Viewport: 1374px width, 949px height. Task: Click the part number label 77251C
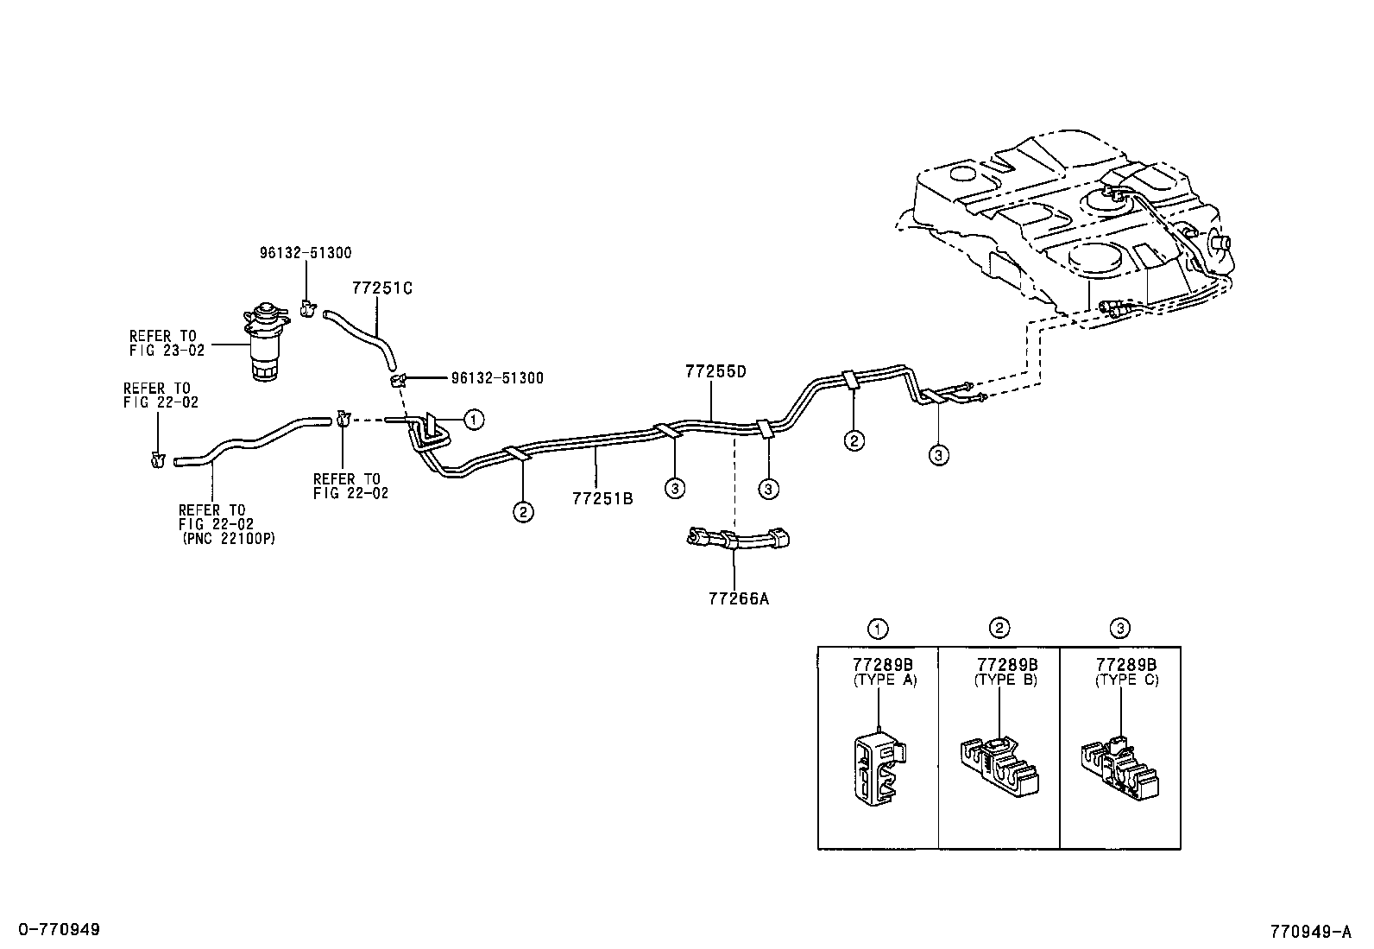click(x=381, y=288)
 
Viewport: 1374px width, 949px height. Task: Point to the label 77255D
click(x=715, y=372)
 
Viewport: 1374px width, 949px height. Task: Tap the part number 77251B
click(x=602, y=498)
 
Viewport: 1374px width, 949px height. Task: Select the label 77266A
click(x=737, y=597)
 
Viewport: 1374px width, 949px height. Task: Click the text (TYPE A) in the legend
click(x=885, y=680)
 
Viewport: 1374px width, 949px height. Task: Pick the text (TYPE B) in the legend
click(x=1005, y=680)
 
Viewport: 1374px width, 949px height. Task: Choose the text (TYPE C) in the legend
click(x=1126, y=680)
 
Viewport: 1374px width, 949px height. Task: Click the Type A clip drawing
click(x=877, y=768)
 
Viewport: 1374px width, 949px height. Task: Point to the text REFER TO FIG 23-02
click(x=163, y=344)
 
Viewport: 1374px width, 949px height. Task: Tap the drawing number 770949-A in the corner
click(x=1309, y=932)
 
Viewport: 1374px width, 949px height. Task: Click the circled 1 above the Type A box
click(x=878, y=629)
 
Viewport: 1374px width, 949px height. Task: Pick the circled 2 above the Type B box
click(x=999, y=628)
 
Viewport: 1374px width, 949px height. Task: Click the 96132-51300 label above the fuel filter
click(x=306, y=253)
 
